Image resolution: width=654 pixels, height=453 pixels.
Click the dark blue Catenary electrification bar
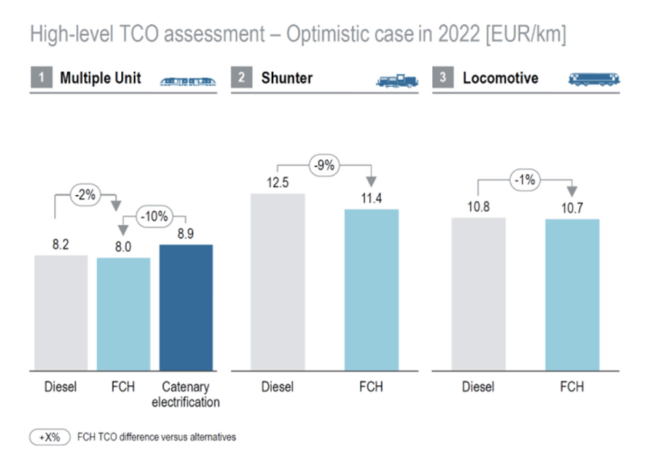(186, 307)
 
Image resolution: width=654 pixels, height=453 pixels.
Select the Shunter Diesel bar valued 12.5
(277, 282)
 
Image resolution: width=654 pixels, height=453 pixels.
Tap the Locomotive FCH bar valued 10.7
(572, 295)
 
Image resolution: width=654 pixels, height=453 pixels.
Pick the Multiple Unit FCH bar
(123, 314)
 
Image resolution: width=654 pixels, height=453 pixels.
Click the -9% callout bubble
(324, 165)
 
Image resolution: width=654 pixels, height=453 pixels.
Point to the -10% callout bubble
(154, 217)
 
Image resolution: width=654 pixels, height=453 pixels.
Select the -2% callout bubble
(85, 195)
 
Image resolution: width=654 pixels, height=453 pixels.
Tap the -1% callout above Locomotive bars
(525, 180)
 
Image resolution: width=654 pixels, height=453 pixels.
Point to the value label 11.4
(371, 198)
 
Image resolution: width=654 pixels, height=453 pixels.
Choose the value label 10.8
(478, 207)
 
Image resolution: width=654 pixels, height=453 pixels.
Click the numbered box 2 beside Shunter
(242, 77)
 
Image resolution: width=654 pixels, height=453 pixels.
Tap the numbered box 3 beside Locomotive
(443, 77)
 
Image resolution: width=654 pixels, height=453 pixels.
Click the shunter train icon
(397, 80)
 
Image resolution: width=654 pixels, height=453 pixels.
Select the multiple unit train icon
(188, 81)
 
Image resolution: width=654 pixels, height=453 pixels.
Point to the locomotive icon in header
(594, 79)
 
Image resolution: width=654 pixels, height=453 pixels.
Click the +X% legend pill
(50, 437)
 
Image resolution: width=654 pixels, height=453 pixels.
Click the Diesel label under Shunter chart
(277, 386)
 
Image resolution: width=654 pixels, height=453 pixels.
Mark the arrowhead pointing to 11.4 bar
(371, 181)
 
